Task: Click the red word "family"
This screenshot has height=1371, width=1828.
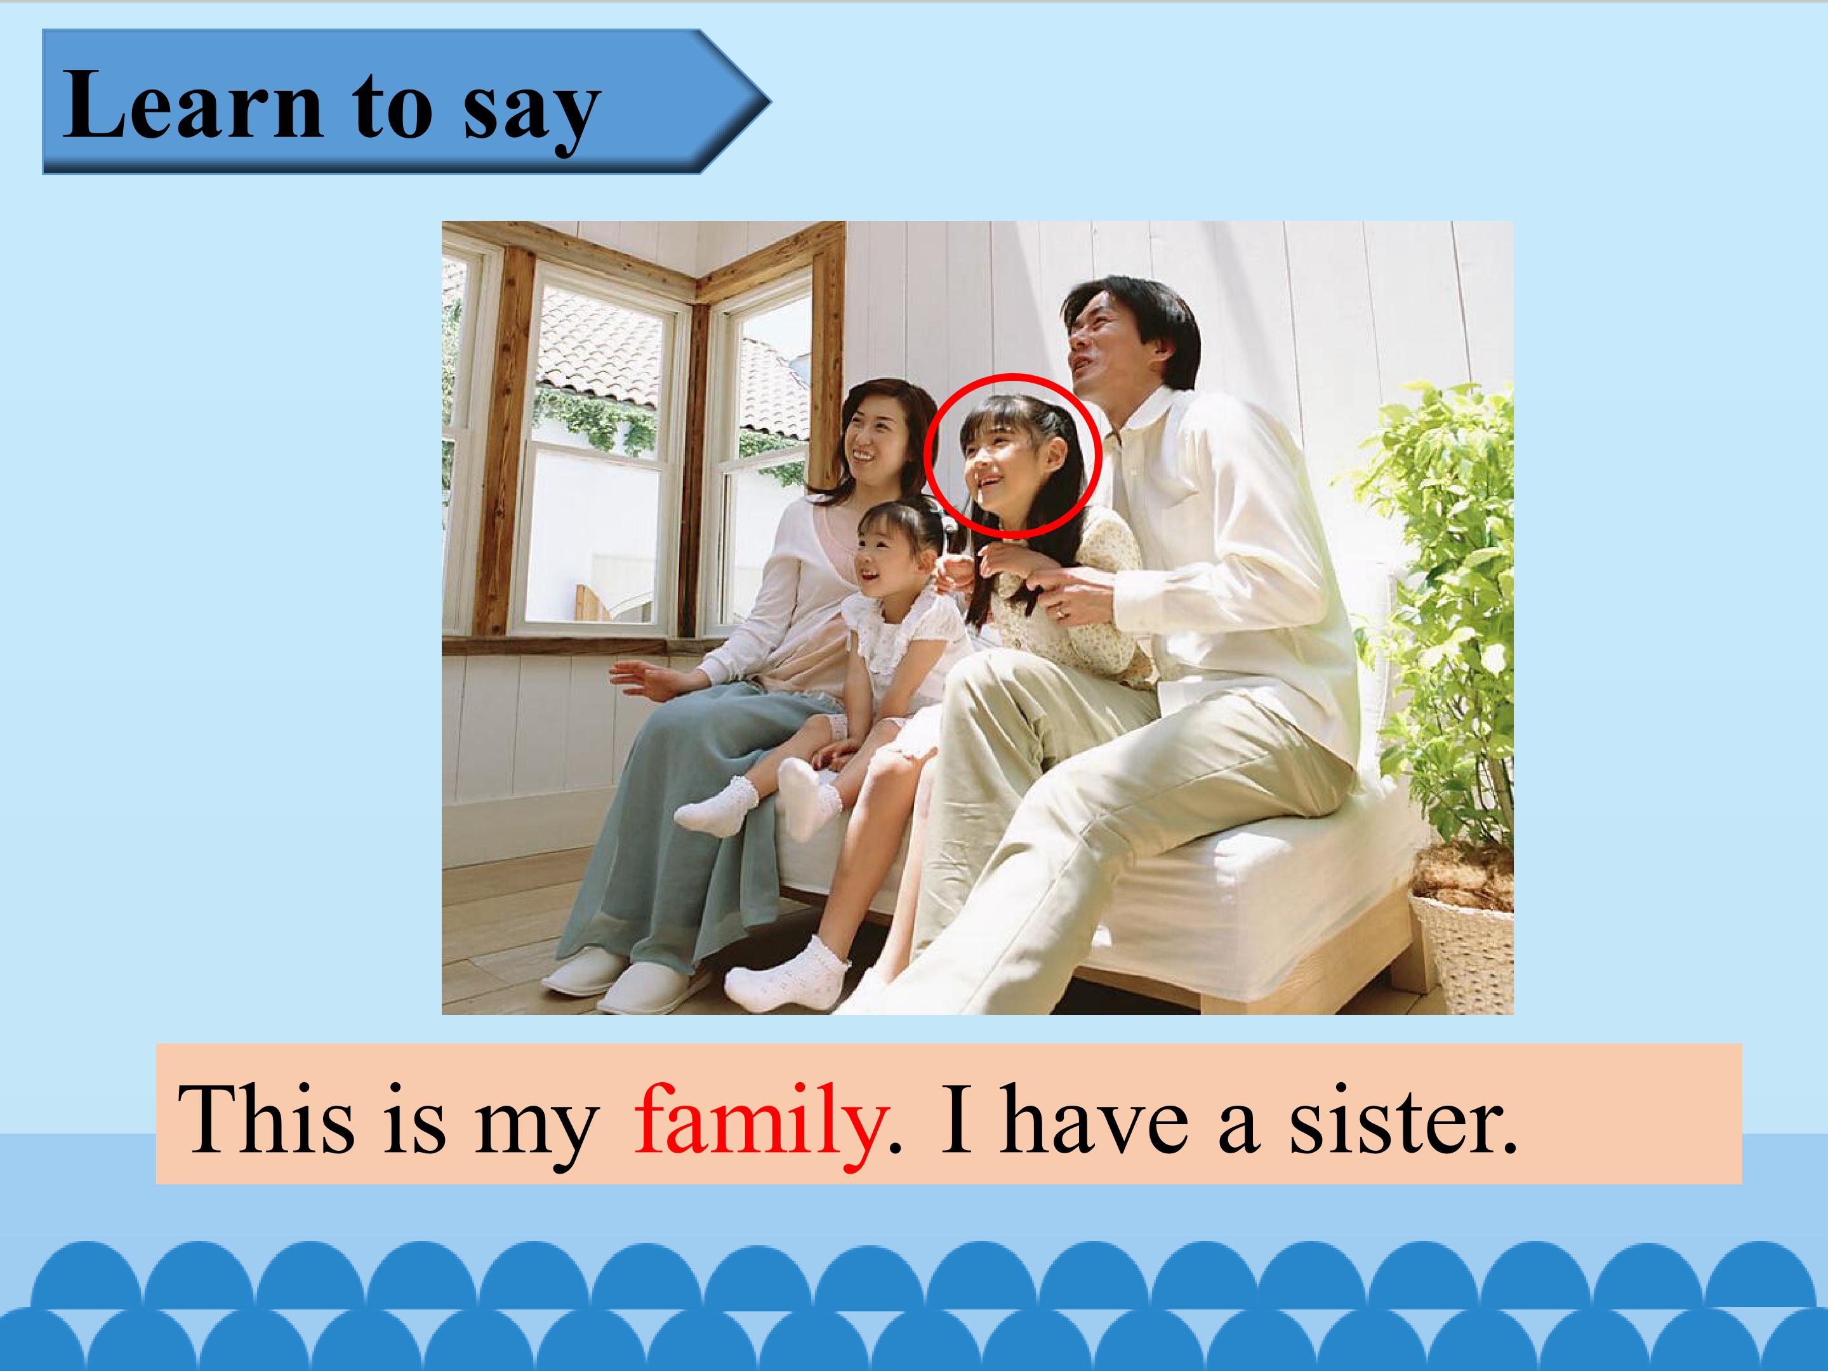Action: pyautogui.click(x=757, y=1123)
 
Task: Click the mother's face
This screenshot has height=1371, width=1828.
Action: pyautogui.click(x=875, y=439)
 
